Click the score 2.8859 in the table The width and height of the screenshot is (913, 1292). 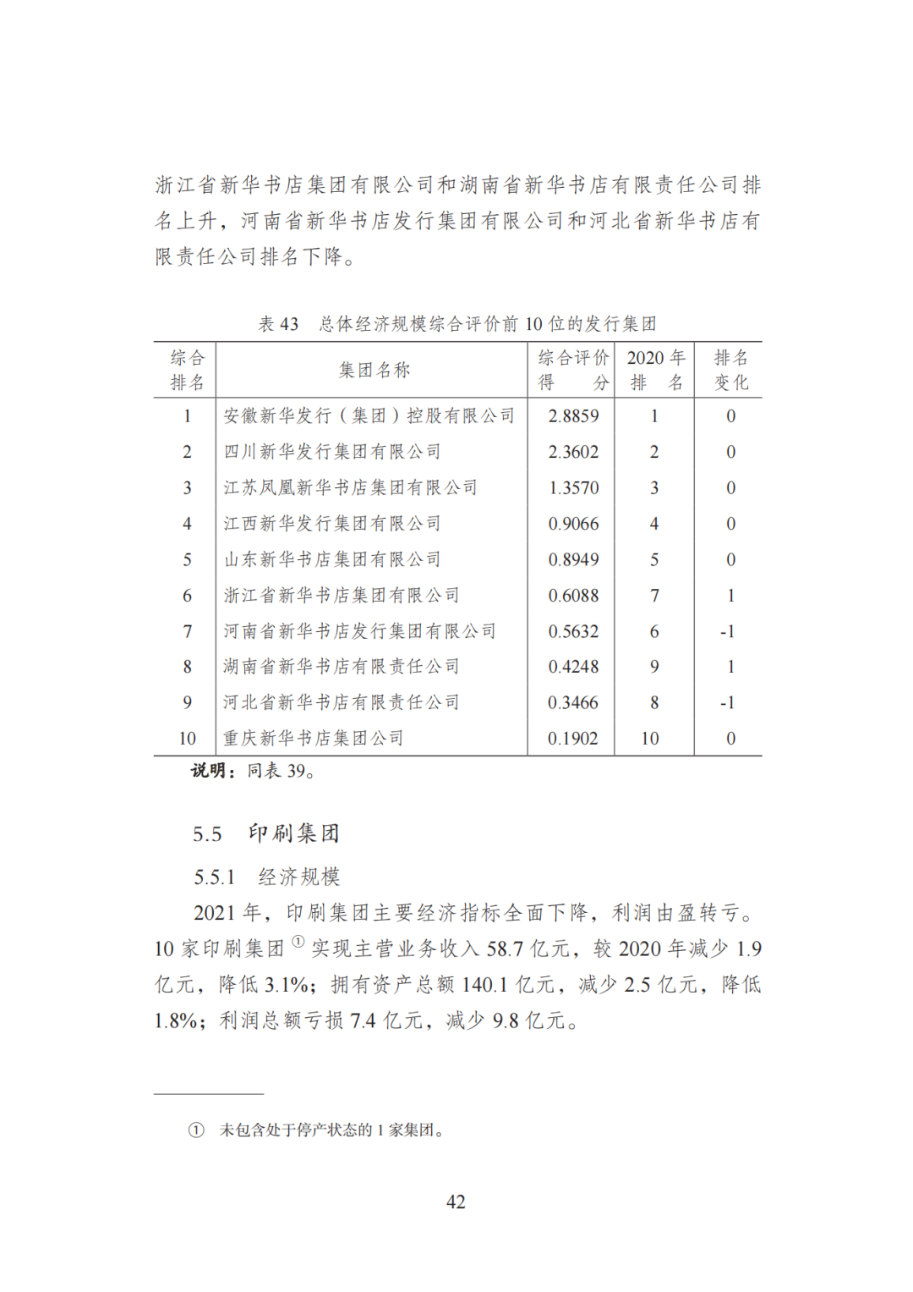pos(573,416)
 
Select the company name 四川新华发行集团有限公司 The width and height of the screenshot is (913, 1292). pos(332,452)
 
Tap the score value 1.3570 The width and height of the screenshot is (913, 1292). pos(573,488)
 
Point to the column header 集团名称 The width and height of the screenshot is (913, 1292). pos(374,370)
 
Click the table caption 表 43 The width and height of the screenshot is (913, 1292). pos(278,324)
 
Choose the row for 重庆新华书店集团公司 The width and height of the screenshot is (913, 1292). pos(314,739)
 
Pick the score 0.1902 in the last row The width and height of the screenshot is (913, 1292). pos(573,739)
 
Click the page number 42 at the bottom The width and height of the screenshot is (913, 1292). pos(456,1201)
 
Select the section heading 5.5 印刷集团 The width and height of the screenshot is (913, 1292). pos(266,833)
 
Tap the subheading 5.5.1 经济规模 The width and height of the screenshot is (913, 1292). pos(267,877)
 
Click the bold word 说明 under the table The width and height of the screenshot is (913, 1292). pos(208,771)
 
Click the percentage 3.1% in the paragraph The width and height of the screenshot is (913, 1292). pos(287,985)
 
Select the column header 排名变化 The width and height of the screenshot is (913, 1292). pos(730,370)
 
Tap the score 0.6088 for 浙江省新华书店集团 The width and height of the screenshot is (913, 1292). pos(573,596)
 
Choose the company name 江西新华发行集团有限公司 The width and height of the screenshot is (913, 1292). pos(332,524)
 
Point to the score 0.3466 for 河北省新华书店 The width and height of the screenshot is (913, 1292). pos(573,703)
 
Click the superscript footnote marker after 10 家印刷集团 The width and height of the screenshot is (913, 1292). pos(298,942)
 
